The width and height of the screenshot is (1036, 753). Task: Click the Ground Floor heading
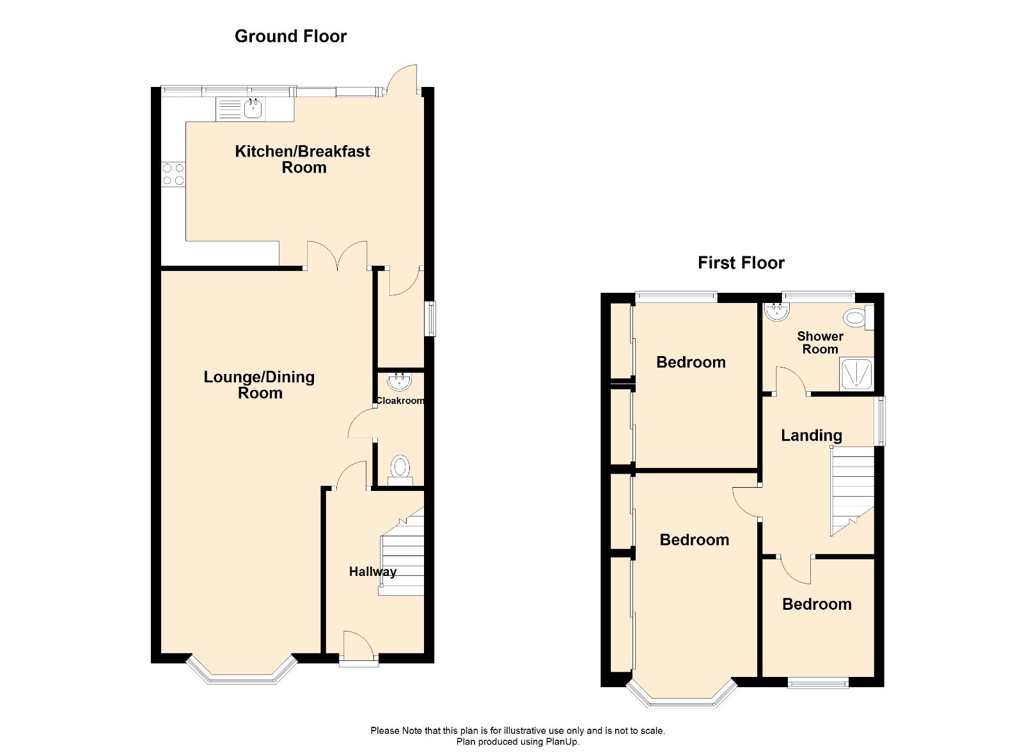click(x=290, y=36)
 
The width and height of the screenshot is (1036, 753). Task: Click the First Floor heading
click(x=741, y=263)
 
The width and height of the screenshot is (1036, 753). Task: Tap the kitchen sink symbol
click(x=254, y=109)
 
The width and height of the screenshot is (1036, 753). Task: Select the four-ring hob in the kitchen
click(x=173, y=175)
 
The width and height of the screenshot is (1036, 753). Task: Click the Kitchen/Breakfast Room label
click(x=302, y=159)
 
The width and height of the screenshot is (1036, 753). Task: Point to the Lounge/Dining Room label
click(x=259, y=385)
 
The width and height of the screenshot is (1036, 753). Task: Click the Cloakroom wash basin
click(x=400, y=381)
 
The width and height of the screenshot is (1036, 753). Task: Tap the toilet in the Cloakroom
click(x=400, y=469)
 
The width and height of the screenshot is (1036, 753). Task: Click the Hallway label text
click(x=372, y=571)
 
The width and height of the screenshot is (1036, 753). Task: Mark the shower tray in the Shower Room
click(x=856, y=374)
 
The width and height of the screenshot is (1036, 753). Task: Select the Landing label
click(x=811, y=435)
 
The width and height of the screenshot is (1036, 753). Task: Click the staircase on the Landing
click(x=852, y=489)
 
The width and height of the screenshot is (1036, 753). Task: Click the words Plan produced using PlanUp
click(x=517, y=741)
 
